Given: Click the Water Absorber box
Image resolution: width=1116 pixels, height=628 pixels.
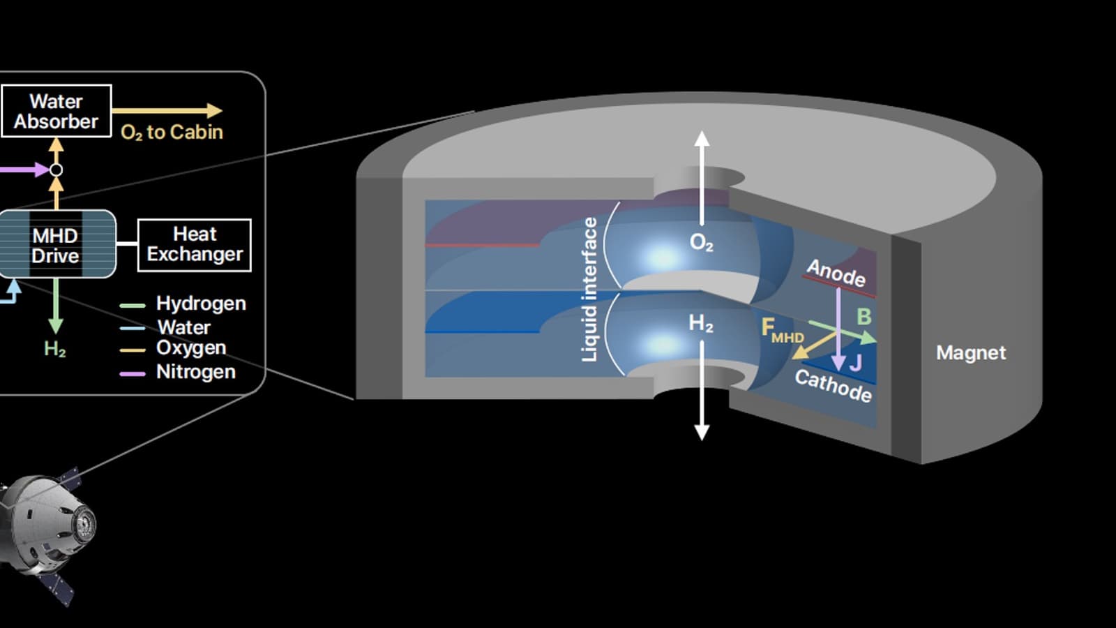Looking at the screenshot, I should (56, 111).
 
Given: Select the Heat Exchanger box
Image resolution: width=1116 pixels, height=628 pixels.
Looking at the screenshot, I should (195, 245).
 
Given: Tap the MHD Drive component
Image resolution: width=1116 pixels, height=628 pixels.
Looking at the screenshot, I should (56, 245).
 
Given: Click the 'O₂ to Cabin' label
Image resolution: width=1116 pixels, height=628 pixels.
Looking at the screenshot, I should (172, 133).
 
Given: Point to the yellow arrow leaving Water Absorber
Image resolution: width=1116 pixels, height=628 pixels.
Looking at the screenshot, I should (167, 110).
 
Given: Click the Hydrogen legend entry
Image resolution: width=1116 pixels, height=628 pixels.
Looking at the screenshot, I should (200, 304).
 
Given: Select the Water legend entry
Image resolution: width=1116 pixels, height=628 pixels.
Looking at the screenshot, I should (183, 327).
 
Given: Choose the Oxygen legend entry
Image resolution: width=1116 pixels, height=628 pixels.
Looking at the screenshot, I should (190, 347).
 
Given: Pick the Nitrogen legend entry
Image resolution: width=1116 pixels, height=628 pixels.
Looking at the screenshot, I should (195, 372).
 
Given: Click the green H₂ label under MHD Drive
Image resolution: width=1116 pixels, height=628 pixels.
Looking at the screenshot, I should (55, 349).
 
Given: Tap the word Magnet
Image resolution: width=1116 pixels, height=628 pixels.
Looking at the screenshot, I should (971, 353).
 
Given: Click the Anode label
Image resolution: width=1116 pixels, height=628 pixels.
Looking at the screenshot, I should (836, 273).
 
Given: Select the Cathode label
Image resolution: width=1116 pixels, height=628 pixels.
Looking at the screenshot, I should (833, 385).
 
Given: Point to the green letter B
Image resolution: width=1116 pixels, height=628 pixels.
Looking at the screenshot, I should (864, 317).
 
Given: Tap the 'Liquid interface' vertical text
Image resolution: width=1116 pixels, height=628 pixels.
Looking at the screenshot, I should (590, 289).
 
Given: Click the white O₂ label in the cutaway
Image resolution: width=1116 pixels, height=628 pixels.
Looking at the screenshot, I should (701, 242).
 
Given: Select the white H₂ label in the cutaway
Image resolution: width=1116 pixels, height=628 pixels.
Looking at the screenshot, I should (701, 323).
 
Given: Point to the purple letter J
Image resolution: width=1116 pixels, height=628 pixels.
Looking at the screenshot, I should (856, 363).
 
